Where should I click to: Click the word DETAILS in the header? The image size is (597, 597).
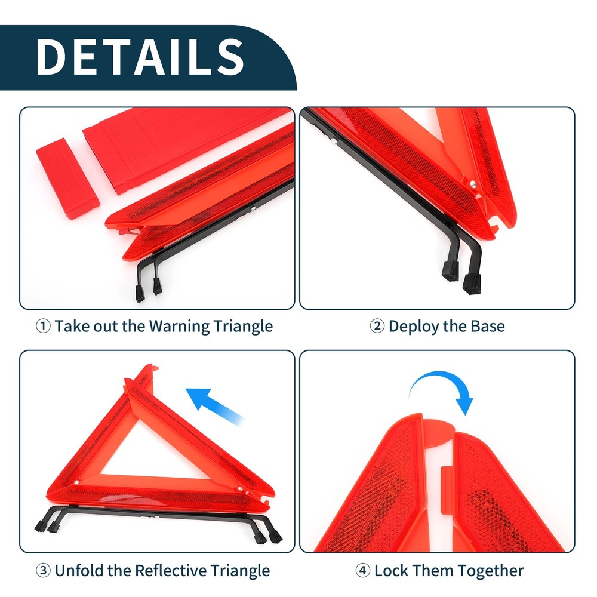pyautogui.click(x=140, y=57)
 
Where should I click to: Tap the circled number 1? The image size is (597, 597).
pyautogui.click(x=43, y=327)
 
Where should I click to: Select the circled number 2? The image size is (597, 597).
pyautogui.click(x=377, y=327)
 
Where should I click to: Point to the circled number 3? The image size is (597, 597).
pyautogui.click(x=43, y=570)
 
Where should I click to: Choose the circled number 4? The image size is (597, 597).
pyautogui.click(x=362, y=570)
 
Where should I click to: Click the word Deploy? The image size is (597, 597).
pyautogui.click(x=416, y=327)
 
